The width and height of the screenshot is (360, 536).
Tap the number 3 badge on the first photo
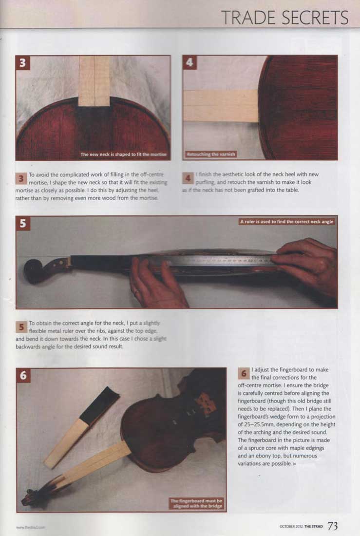(x=23, y=63)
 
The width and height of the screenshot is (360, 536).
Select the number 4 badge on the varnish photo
(x=190, y=63)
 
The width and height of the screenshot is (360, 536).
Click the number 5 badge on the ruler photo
(x=23, y=223)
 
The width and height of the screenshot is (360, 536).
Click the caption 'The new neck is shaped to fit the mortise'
(x=124, y=154)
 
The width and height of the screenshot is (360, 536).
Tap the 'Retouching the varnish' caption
(x=210, y=154)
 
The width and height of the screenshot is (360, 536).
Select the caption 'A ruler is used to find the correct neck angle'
(x=287, y=222)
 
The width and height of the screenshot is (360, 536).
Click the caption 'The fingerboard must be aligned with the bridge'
(x=196, y=503)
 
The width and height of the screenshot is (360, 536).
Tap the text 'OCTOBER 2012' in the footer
(x=291, y=527)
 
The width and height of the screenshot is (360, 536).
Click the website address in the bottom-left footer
(x=30, y=527)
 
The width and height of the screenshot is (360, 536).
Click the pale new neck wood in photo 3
(x=94, y=80)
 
